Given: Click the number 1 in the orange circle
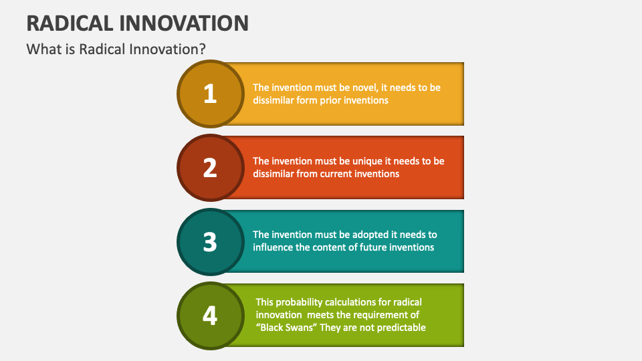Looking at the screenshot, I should (210, 94).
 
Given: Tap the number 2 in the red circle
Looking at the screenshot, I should (210, 168).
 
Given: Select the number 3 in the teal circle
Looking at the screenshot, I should (210, 241).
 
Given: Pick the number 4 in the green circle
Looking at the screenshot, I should (210, 315).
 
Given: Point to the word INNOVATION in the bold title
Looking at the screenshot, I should (186, 23).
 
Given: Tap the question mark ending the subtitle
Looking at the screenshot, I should (202, 49).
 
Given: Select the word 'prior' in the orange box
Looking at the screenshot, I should (332, 100).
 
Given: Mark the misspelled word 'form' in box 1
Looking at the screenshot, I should (307, 100).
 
